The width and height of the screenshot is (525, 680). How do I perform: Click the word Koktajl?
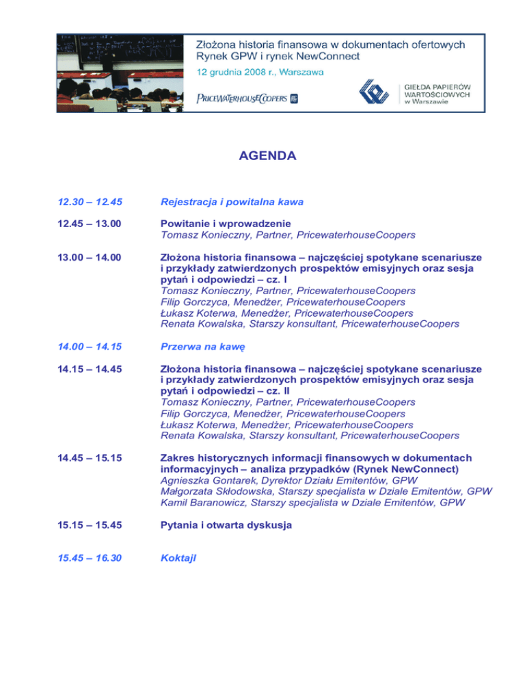click(x=178, y=558)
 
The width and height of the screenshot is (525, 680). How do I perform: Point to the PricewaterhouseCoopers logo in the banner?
click(x=247, y=98)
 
